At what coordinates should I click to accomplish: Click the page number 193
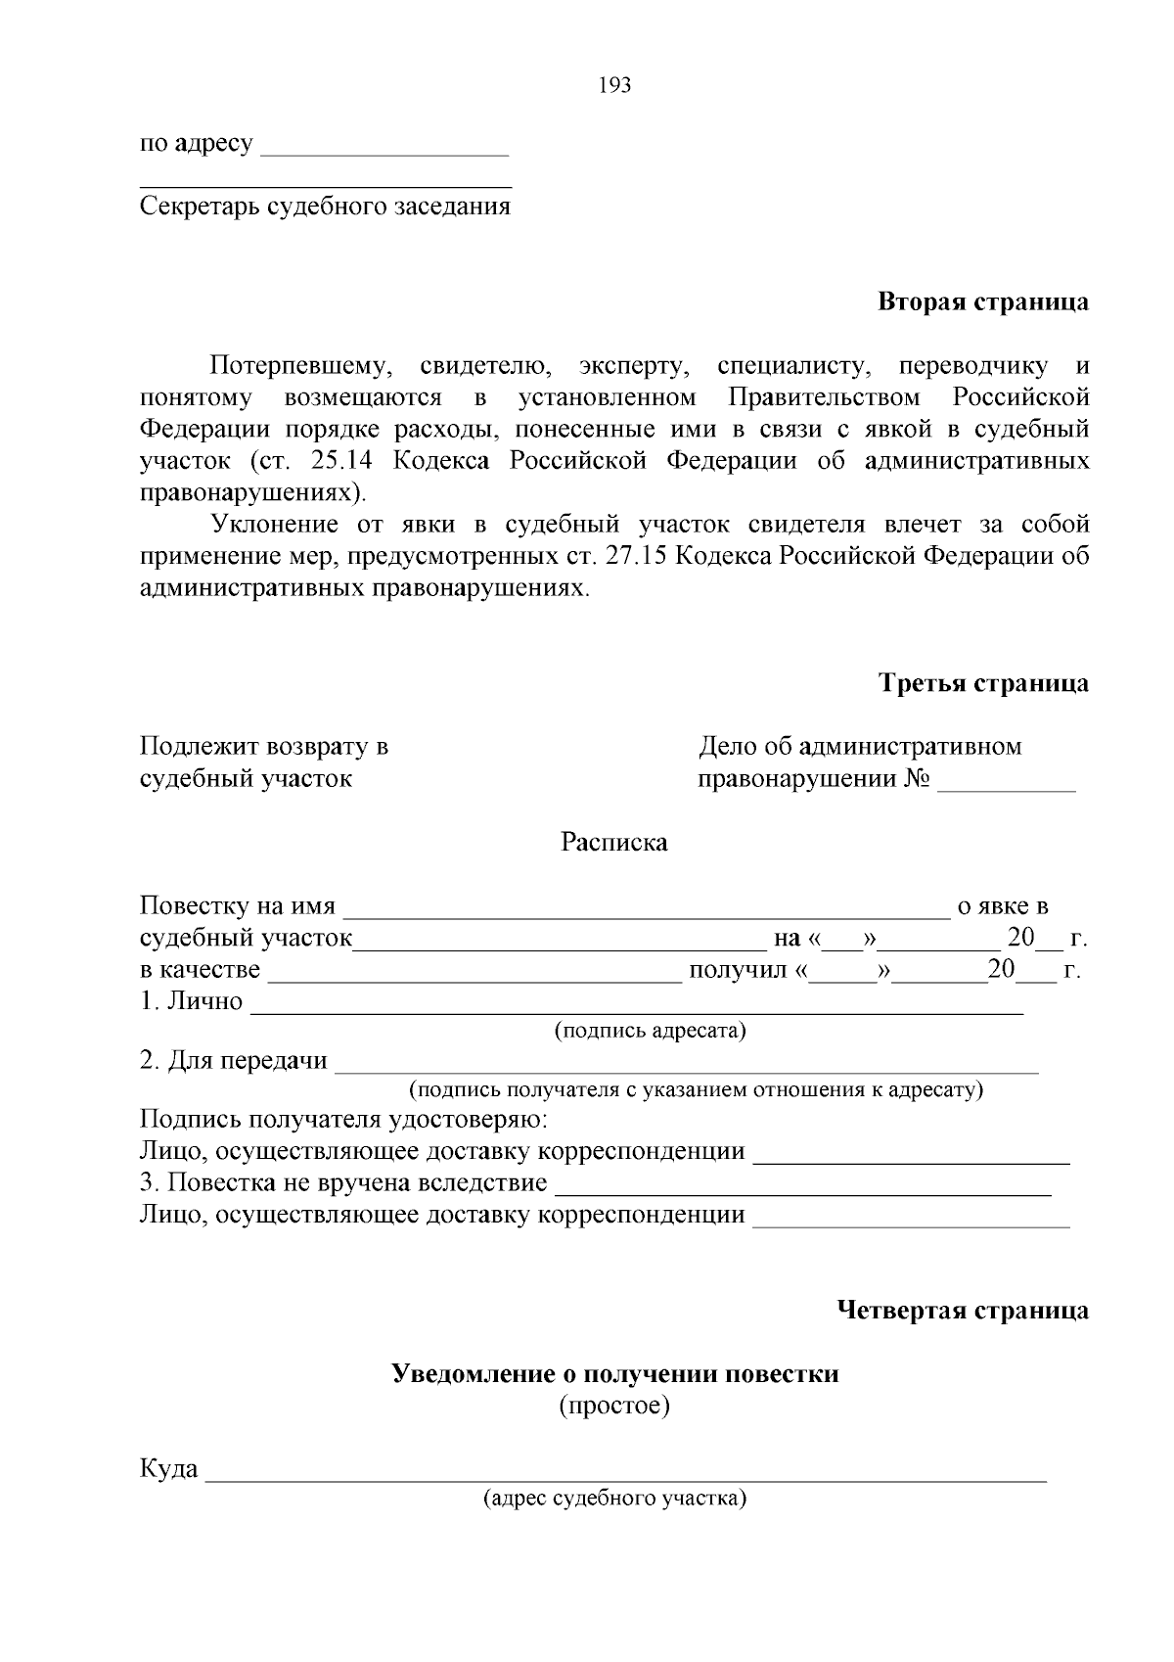(614, 86)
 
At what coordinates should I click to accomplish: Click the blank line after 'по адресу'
(386, 152)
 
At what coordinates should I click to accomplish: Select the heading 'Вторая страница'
(982, 301)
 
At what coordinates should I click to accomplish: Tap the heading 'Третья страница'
(983, 683)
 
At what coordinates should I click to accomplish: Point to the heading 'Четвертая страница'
(964, 1311)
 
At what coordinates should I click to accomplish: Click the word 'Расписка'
(613, 843)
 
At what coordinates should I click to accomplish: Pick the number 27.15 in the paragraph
(637, 556)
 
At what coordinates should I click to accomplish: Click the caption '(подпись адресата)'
(651, 1031)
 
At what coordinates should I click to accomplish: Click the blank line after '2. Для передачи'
(685, 1070)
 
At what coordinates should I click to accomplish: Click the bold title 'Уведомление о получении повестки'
(614, 1374)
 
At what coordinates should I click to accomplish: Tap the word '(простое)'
(614, 1407)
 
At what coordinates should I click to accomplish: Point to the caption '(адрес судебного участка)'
(614, 1499)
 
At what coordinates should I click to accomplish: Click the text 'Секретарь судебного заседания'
(325, 207)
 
